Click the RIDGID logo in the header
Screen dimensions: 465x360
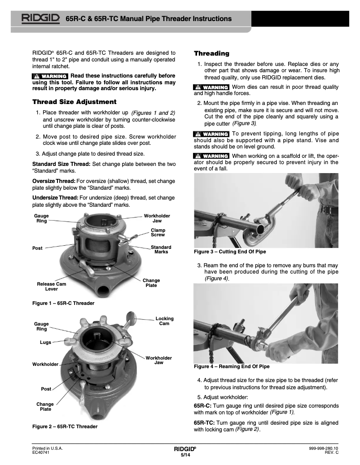41,18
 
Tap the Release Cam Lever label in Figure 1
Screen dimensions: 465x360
51,287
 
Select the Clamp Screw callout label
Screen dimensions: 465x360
158,232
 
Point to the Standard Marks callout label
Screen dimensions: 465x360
161,250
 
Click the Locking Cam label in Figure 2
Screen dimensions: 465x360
164,321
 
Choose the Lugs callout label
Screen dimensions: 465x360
45,342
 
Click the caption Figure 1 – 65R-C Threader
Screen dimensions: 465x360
63,304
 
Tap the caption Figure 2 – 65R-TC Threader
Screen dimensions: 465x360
65,426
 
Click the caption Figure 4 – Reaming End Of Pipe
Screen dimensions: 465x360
231,366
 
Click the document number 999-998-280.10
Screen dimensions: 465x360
323,448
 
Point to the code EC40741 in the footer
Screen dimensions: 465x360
40,453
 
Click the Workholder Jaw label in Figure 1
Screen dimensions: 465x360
157,218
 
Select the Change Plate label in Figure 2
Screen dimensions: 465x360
45,407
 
